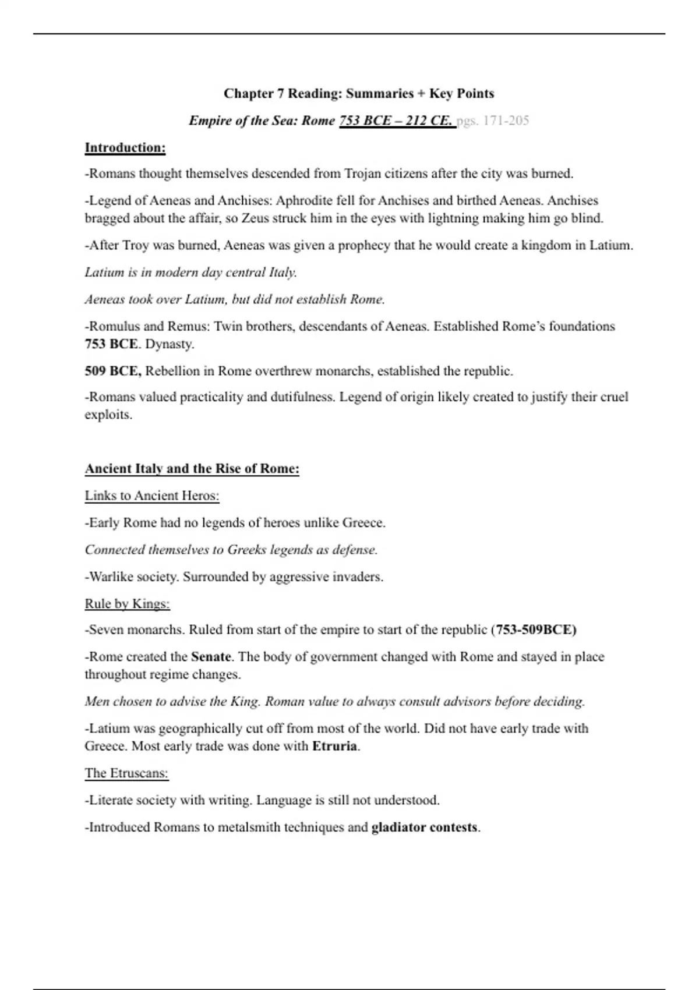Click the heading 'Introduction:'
[x=125, y=148]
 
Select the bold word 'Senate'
[x=211, y=657]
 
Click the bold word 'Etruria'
[x=334, y=746]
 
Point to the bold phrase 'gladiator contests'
[x=424, y=828]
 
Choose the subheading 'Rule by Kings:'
[x=127, y=604]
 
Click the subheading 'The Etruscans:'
[x=126, y=773]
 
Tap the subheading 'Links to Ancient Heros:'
[x=152, y=496]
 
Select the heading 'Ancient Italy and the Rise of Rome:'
[x=192, y=469]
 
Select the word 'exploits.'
[x=108, y=415]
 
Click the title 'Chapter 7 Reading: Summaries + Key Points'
[x=359, y=94]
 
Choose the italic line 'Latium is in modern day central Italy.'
[x=191, y=273]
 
